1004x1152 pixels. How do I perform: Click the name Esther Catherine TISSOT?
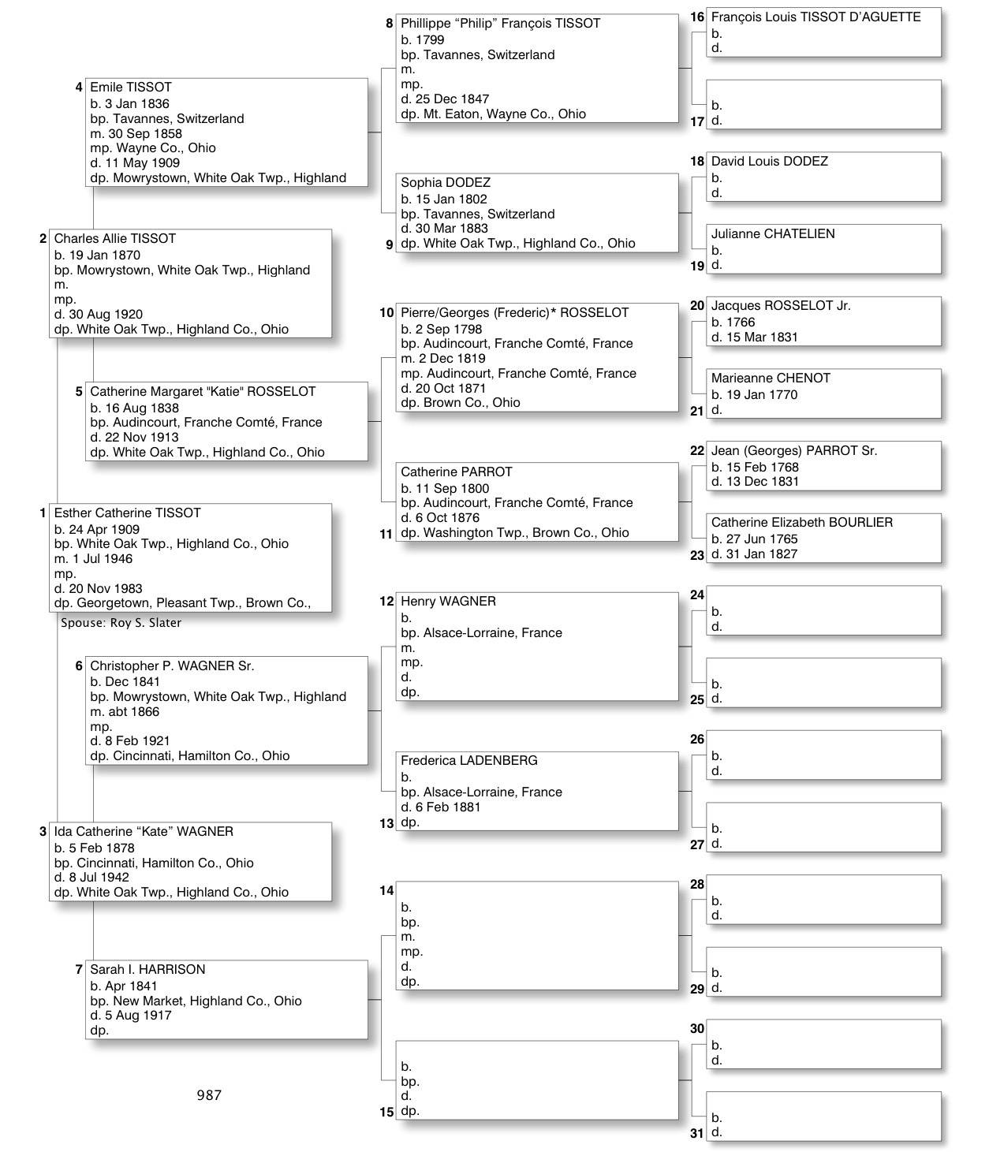pyautogui.click(x=127, y=513)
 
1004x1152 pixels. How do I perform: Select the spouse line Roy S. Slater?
pyautogui.click(x=121, y=623)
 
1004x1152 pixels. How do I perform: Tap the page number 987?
pyautogui.click(x=209, y=1095)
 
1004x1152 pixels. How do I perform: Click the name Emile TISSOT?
pyautogui.click(x=130, y=88)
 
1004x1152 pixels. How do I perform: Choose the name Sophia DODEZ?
pyautogui.click(x=445, y=183)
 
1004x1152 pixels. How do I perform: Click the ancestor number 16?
pyautogui.click(x=697, y=17)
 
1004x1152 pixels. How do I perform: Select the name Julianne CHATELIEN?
pyautogui.click(x=772, y=234)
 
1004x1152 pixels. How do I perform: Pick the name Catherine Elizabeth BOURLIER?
pyautogui.click(x=801, y=523)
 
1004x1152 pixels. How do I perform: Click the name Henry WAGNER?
pyautogui.click(x=448, y=602)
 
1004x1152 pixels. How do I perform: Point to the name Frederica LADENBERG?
pyautogui.click(x=468, y=761)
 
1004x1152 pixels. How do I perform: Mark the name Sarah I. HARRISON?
pyautogui.click(x=147, y=970)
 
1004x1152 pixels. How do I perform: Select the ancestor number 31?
pyautogui.click(x=697, y=1134)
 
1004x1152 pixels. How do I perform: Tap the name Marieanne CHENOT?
pyautogui.click(x=770, y=378)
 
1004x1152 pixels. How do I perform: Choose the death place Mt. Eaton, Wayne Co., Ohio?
pyautogui.click(x=504, y=114)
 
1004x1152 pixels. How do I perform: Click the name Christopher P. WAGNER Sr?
pyautogui.click(x=171, y=666)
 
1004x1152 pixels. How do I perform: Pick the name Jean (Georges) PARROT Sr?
pyautogui.click(x=793, y=451)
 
